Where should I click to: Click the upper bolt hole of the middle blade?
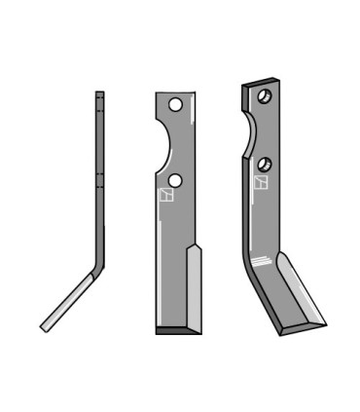(x=175, y=104)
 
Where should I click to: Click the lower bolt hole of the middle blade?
(x=175, y=181)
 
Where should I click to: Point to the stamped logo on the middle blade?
(x=163, y=197)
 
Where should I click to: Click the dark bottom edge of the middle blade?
(x=175, y=330)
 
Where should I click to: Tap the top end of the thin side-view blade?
(x=99, y=94)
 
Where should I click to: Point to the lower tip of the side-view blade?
(x=44, y=326)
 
